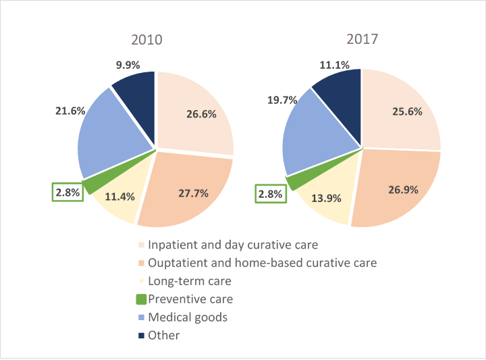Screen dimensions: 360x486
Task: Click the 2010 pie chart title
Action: pos(146,40)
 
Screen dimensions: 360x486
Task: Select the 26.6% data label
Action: pos(201,114)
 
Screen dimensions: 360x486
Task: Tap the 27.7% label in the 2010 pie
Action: pos(193,193)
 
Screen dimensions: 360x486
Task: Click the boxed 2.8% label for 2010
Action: pos(67,192)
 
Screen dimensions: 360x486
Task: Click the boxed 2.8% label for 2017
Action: pos(270,195)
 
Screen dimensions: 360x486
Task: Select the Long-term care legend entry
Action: pos(189,281)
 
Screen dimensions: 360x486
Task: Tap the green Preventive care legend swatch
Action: pos(141,299)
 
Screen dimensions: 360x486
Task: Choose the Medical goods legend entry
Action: pos(187,317)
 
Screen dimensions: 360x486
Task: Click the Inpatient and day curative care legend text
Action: pos(232,245)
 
